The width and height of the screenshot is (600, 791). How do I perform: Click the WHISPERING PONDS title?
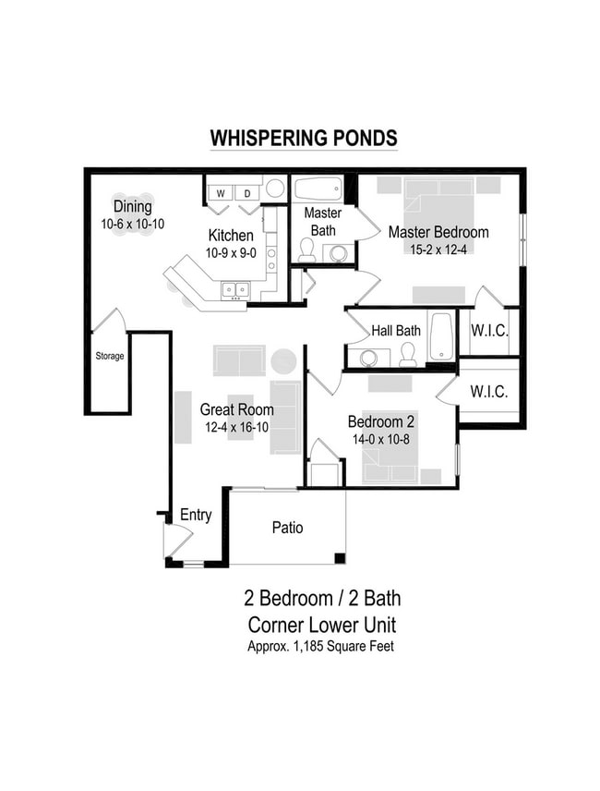[304, 138]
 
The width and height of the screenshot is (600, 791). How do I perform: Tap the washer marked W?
[222, 193]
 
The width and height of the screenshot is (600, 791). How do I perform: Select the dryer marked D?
[247, 193]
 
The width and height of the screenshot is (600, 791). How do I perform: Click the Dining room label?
[132, 207]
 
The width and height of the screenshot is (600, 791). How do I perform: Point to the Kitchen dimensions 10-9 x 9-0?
[230, 251]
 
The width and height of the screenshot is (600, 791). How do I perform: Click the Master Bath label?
[322, 221]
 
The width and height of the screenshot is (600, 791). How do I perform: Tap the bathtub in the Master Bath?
[318, 189]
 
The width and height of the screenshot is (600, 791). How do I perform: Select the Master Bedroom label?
[438, 232]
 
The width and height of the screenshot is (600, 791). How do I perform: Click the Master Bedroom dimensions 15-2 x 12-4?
[438, 249]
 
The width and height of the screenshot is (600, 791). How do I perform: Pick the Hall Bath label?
[396, 331]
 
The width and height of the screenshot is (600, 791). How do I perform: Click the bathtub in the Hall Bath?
[441, 335]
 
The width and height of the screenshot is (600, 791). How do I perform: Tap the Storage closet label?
[110, 356]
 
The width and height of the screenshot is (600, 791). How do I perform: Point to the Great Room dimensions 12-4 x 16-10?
[236, 427]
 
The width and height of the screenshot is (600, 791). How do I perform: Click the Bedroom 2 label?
[381, 422]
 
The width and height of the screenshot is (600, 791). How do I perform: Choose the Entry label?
[196, 516]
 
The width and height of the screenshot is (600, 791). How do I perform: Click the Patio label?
[287, 528]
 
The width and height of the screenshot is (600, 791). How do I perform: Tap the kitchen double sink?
[234, 290]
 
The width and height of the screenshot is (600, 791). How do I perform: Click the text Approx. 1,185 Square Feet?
[320, 646]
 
